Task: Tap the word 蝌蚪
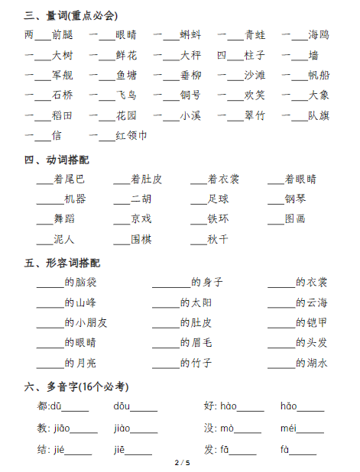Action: point(190,34)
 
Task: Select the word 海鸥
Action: point(319,34)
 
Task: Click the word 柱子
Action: point(255,55)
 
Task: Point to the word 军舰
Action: point(63,75)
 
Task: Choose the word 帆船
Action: point(319,75)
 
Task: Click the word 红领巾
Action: point(131,136)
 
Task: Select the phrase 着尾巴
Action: point(70,179)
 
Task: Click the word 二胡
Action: point(141,199)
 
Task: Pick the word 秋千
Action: point(218,239)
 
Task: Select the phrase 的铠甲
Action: point(311,322)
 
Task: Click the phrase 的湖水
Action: point(311,363)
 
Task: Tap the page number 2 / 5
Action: point(182,463)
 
